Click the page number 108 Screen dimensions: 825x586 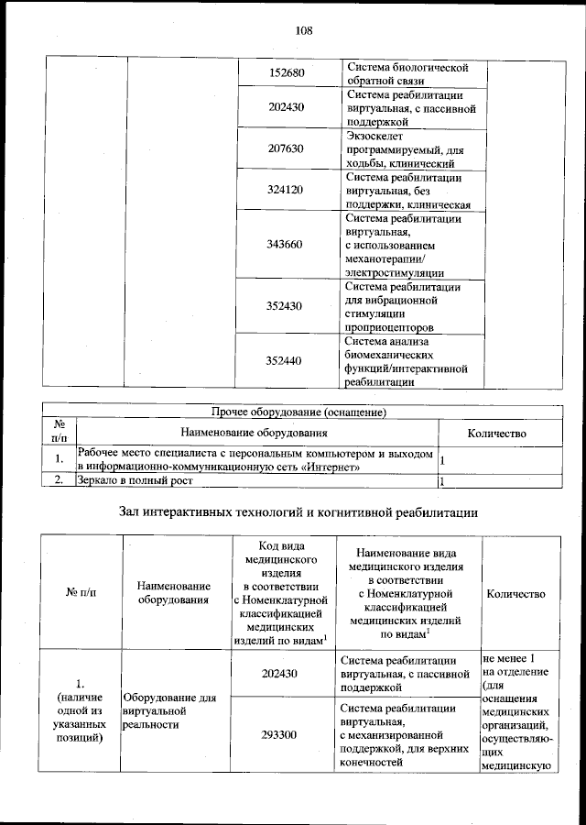pos(304,30)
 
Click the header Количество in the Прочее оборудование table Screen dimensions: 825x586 pos(496,432)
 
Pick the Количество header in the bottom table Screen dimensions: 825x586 pos(516,593)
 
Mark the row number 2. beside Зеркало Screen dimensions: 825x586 pos(59,480)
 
